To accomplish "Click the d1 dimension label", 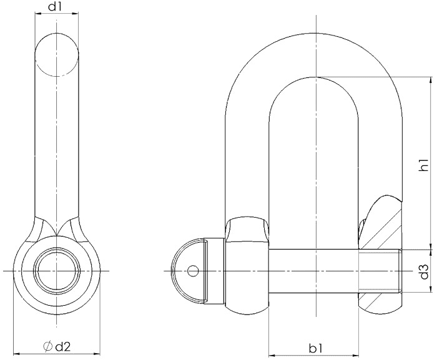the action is coord(55,6).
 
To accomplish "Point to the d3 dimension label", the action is coord(424,271).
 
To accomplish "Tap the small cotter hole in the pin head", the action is coord(193,271).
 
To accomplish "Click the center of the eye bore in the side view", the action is coord(57,271).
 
